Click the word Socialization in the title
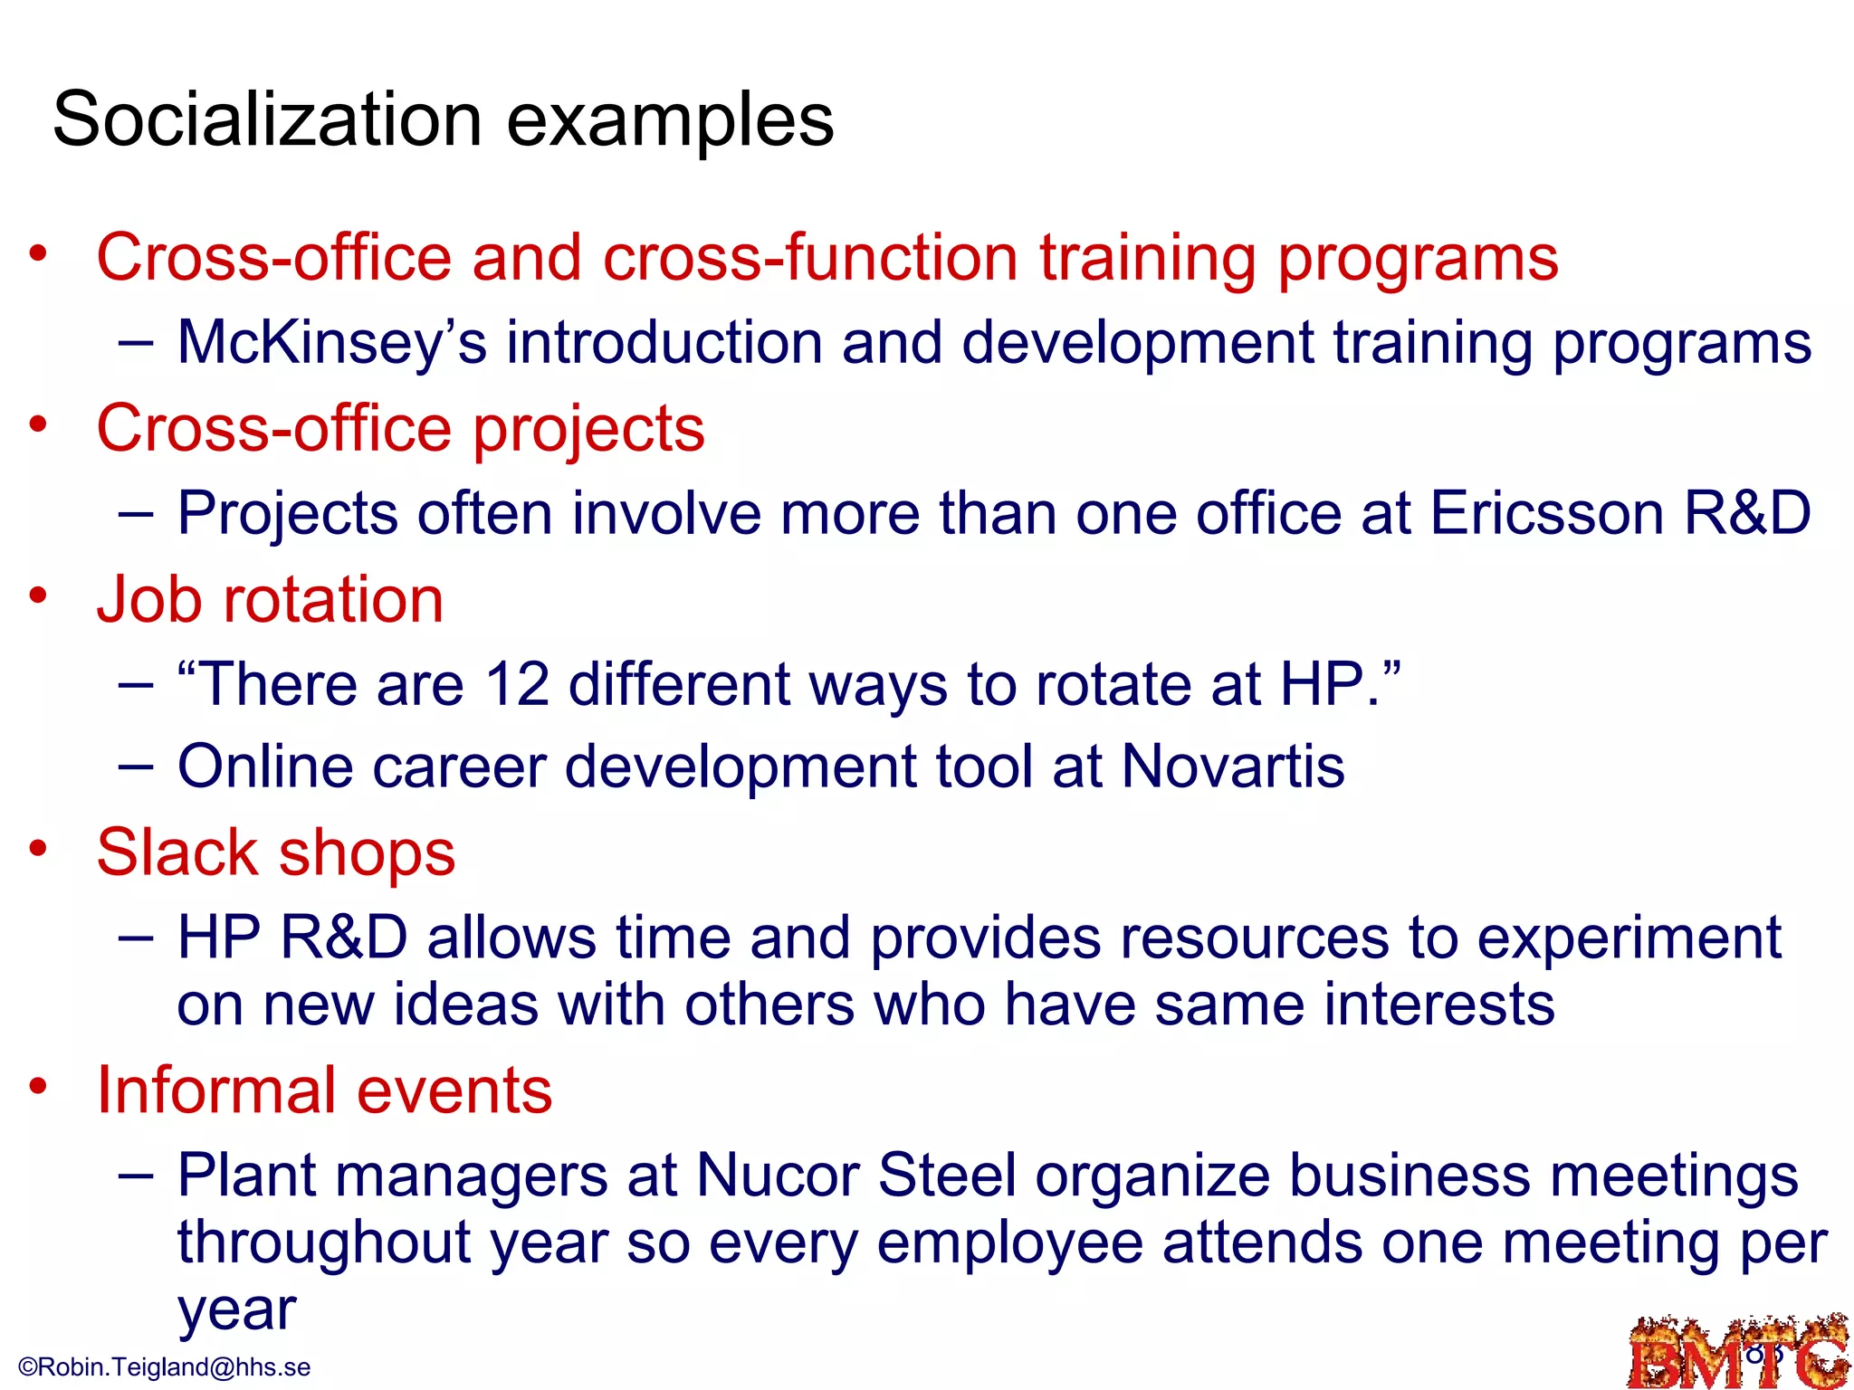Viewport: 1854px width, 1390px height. click(x=267, y=119)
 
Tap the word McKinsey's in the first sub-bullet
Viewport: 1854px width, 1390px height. click(x=331, y=343)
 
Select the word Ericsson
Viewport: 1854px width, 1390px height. click(x=1546, y=513)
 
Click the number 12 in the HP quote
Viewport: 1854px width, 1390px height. click(x=517, y=684)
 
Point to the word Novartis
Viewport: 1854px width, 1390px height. click(x=1232, y=766)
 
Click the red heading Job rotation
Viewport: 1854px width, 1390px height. click(x=270, y=600)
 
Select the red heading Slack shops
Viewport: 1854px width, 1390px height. click(x=275, y=852)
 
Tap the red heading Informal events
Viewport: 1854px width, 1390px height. click(x=324, y=1090)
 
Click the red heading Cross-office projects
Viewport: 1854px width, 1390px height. click(x=400, y=428)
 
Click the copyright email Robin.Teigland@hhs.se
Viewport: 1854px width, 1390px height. click(x=165, y=1367)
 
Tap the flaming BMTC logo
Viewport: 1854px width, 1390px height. click(x=1738, y=1354)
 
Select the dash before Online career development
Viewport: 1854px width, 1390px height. click(x=136, y=766)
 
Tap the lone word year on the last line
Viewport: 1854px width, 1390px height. click(x=236, y=1309)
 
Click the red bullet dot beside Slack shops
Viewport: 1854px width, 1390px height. click(x=37, y=848)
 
